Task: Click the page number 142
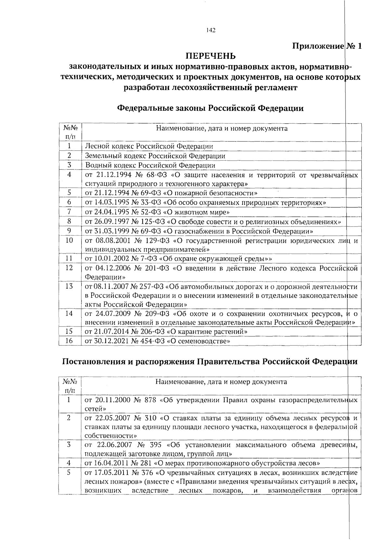click(x=211, y=31)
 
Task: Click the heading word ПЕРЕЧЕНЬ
click(x=210, y=56)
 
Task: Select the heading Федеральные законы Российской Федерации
click(x=210, y=108)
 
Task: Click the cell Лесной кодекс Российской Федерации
click(x=149, y=146)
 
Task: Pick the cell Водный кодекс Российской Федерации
click(x=150, y=165)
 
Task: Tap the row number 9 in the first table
click(x=69, y=231)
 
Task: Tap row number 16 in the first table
click(x=69, y=341)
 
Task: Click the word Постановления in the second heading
click(x=94, y=362)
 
